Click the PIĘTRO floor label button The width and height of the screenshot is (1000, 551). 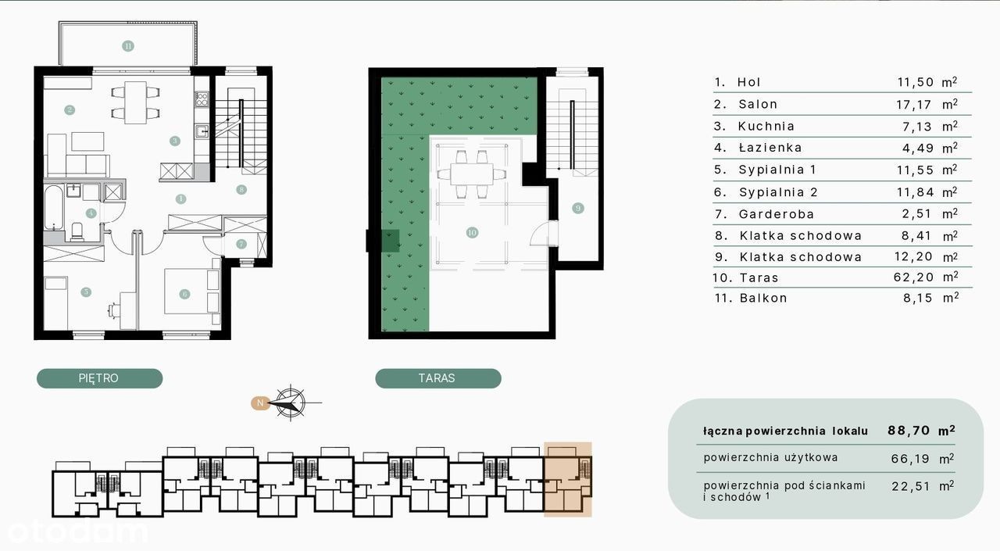99,378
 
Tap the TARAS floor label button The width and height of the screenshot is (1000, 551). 438,378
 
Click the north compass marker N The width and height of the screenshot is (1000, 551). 260,403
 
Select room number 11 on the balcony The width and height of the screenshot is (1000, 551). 128,46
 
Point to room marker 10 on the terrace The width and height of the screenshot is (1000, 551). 472,232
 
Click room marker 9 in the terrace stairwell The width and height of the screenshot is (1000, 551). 577,208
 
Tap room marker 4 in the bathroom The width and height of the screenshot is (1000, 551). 91,213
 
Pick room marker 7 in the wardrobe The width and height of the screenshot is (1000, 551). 241,244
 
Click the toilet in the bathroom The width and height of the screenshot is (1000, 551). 77,232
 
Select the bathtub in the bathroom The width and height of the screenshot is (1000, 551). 54,208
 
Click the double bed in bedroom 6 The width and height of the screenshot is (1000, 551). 192,292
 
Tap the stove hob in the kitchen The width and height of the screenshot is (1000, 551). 202,99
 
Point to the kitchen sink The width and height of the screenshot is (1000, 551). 202,131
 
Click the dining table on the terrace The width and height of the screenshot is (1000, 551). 471,174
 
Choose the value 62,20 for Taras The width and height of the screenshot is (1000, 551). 913,277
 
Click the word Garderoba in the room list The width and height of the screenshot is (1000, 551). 777,214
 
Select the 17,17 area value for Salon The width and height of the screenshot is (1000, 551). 914,105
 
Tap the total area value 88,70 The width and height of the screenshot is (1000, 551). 909,431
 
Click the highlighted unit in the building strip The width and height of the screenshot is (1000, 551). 568,480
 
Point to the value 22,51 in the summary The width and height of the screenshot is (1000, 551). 911,486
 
